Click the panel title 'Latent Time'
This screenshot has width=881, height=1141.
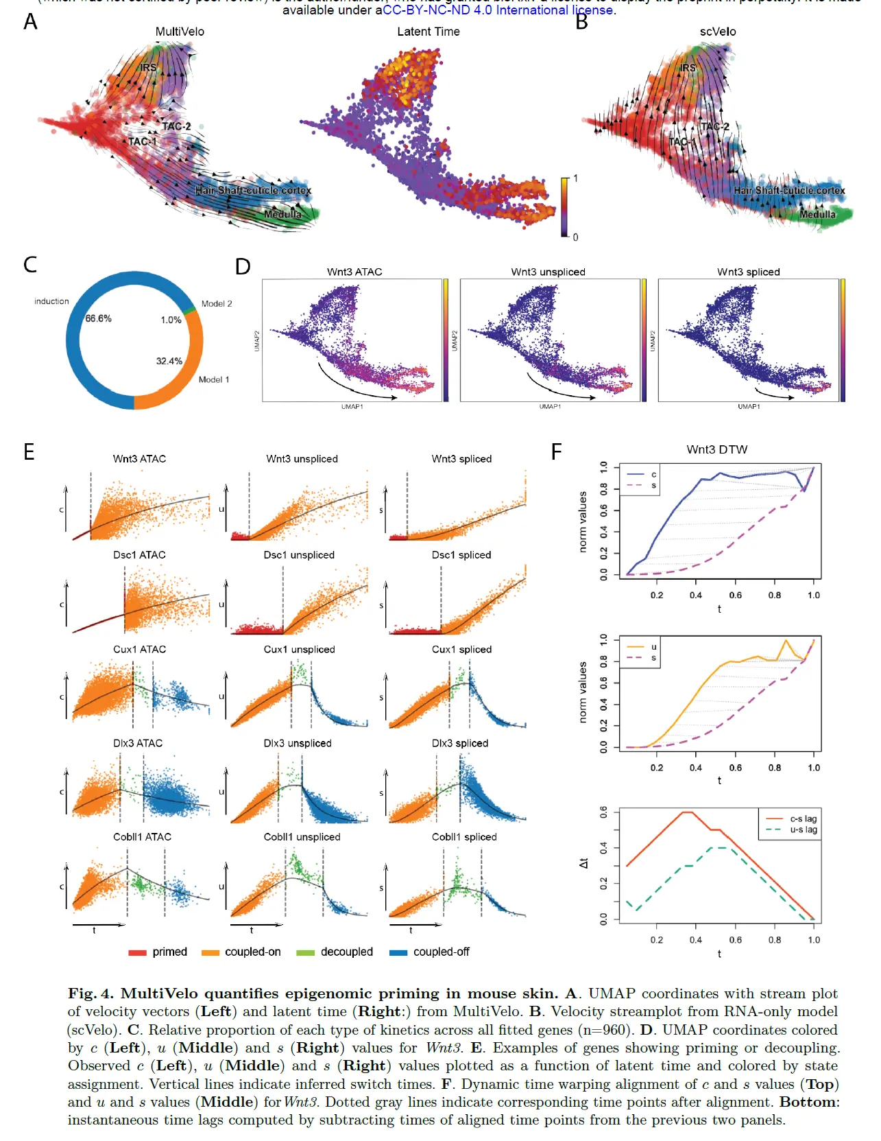coord(429,32)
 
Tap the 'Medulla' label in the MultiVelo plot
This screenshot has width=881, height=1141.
coord(282,214)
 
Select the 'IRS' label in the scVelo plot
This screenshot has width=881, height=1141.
coord(688,68)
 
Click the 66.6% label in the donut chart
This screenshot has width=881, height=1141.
coord(99,318)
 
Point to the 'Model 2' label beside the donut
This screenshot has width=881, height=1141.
coord(217,303)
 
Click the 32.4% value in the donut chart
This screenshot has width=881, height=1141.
coord(169,361)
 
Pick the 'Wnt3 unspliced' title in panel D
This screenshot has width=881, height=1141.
coord(548,272)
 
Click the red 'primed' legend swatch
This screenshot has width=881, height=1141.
coord(137,952)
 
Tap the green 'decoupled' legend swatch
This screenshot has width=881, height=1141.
coord(305,952)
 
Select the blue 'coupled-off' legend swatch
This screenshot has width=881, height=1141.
coord(398,952)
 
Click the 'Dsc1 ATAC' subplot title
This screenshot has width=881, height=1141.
coord(139,554)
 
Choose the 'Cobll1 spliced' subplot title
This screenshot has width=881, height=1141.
coord(464,836)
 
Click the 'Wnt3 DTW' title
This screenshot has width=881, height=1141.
coord(716,449)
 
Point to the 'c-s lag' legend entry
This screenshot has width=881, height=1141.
coord(803,819)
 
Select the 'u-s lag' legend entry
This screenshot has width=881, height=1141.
coord(803,830)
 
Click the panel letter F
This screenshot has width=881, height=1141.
coord(556,451)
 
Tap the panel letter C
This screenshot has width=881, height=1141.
coord(30,265)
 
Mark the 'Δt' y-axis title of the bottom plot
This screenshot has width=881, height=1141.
coord(583,863)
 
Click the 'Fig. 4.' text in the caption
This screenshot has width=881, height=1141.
coord(90,993)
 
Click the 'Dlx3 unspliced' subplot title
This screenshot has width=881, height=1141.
coord(298,743)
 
